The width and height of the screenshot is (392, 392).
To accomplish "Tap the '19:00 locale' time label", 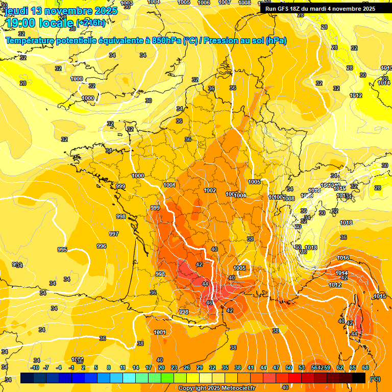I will (39, 23).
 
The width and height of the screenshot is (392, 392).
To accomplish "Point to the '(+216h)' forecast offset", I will (90, 23).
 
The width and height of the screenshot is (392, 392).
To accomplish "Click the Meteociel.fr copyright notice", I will (216, 388).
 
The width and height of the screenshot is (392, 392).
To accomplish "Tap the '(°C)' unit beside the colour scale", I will (375, 379).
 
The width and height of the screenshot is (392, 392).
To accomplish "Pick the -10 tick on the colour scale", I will (35, 367).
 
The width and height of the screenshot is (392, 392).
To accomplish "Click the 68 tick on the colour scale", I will (365, 367).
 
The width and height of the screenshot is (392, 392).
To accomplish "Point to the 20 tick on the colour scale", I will (161, 367).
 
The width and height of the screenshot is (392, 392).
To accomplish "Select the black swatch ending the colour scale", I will (359, 378).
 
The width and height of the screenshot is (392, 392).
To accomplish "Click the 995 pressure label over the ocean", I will (62, 250).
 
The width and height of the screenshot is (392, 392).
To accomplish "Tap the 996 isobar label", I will (102, 246).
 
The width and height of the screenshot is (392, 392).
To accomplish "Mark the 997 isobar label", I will (114, 234).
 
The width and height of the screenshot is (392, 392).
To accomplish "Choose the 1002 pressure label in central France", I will (210, 190).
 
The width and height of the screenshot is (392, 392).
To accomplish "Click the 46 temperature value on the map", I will (209, 303).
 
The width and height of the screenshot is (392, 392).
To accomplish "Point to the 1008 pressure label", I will (289, 199).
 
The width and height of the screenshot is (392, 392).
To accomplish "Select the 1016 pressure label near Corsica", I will (343, 258).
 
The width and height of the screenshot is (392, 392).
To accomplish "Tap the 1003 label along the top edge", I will (127, 3).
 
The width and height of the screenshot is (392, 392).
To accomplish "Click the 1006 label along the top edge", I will (203, 3).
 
